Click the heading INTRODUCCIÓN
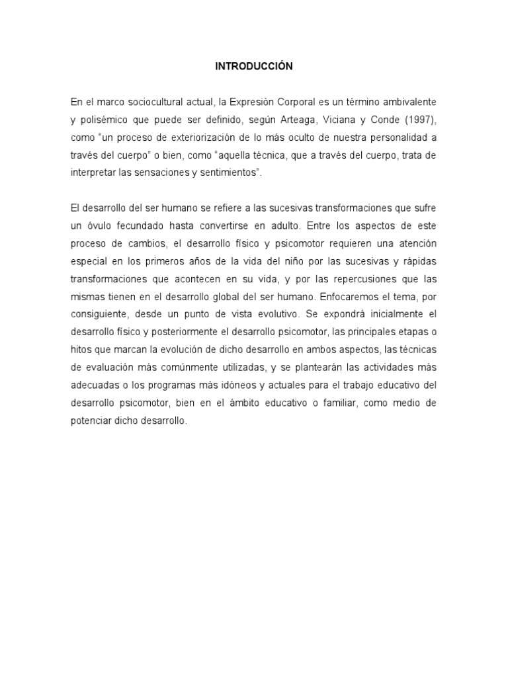pyautogui.click(x=254, y=66)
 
